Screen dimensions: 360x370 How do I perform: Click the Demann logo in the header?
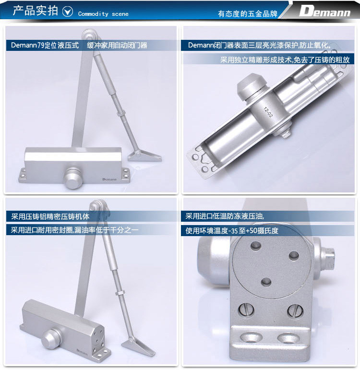click(325, 11)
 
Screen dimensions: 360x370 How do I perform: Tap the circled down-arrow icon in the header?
click(68, 12)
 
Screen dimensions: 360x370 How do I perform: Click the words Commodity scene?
click(103, 14)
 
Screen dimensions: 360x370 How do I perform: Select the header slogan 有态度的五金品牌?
click(247, 14)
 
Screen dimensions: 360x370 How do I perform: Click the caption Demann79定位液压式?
click(45, 45)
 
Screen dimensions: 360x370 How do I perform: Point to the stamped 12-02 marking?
click(268, 112)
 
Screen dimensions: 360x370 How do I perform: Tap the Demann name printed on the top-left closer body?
click(109, 179)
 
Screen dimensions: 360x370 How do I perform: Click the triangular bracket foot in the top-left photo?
click(144, 155)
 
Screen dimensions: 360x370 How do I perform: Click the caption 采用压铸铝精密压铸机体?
click(50, 216)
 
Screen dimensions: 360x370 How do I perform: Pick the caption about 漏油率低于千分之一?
click(74, 230)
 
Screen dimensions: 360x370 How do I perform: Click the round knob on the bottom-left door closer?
click(51, 338)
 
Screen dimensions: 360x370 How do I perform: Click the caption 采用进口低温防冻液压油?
click(225, 216)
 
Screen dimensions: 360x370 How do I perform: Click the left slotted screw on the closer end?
click(246, 310)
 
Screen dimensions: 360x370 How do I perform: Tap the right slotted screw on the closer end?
click(295, 310)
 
